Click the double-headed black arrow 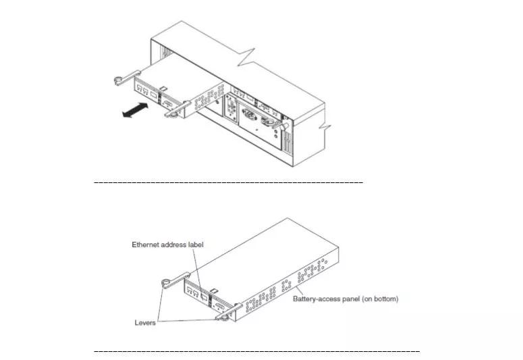[x=135, y=110]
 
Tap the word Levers [x=145, y=323]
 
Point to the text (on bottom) [x=380, y=299]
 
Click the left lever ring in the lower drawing [x=166, y=284]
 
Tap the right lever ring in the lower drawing [x=225, y=317]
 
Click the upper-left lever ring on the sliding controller [x=119, y=80]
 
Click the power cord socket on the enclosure [x=250, y=115]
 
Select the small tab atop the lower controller [x=215, y=292]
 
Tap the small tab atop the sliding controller [x=163, y=88]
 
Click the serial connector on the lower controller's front [x=221, y=307]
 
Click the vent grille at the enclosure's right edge [x=287, y=142]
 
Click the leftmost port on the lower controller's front [x=190, y=290]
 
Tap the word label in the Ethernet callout [x=196, y=245]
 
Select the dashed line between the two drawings [x=229, y=182]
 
